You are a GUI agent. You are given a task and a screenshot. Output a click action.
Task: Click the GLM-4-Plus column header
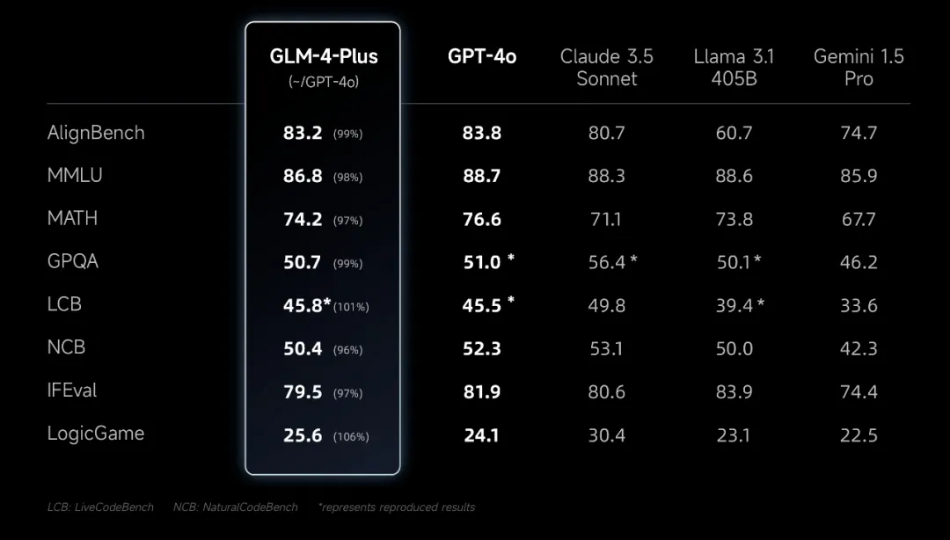[324, 56]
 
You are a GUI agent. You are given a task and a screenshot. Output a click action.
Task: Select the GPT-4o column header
[482, 56]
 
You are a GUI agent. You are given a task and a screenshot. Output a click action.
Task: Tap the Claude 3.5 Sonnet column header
[607, 68]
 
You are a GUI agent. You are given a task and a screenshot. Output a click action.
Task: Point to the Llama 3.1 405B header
[734, 68]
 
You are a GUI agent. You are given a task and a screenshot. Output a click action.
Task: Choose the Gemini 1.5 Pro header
[859, 68]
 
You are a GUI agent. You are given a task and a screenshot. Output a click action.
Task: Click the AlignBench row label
[96, 133]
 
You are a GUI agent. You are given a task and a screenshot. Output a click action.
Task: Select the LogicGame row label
[96, 434]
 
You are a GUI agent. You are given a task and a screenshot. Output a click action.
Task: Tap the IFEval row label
[72, 390]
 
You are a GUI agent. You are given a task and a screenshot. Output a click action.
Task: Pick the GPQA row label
[73, 261]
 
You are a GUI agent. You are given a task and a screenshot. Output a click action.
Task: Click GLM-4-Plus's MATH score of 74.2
[303, 219]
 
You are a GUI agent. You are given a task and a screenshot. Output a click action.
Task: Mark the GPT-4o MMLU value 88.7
[482, 176]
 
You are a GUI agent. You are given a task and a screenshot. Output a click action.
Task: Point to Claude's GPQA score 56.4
[607, 262]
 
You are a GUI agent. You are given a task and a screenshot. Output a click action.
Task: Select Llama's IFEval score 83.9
[734, 391]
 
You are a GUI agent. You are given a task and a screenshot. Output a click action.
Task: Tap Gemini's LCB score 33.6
[859, 305]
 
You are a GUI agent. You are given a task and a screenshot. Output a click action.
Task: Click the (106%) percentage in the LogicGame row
[351, 437]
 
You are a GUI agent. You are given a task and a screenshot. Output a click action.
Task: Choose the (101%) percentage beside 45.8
[351, 307]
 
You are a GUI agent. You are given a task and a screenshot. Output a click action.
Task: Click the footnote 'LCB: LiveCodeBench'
[100, 507]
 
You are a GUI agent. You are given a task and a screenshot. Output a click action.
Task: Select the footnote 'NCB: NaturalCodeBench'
[236, 507]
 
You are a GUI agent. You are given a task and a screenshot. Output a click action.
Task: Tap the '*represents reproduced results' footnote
[397, 507]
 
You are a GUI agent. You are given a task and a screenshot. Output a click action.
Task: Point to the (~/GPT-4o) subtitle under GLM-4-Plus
[324, 82]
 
